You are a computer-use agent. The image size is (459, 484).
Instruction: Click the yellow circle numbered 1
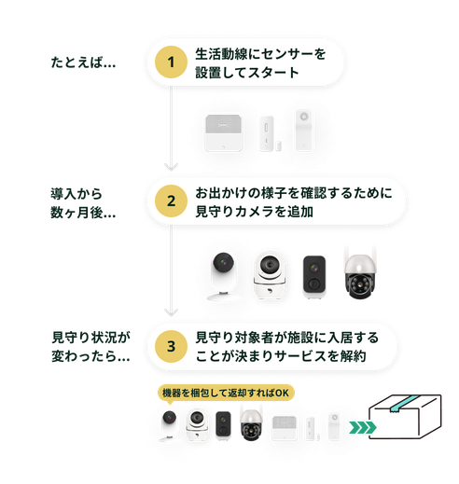click(x=171, y=62)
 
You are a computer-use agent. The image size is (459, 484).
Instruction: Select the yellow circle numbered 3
click(x=171, y=346)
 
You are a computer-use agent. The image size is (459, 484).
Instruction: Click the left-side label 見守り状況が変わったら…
click(x=90, y=346)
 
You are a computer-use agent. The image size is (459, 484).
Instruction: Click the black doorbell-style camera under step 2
click(x=313, y=275)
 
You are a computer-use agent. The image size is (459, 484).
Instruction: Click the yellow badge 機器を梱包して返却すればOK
click(x=225, y=393)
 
